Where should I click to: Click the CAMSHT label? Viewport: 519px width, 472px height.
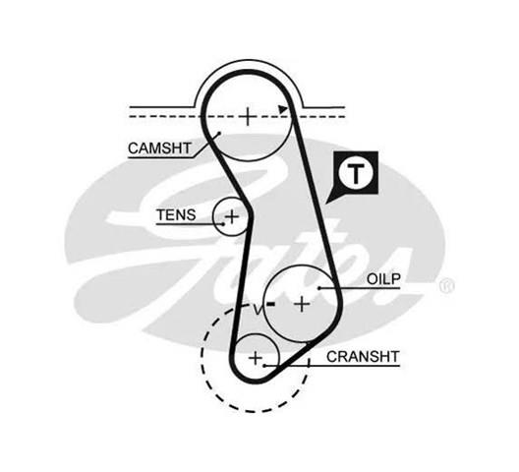tap(159, 148)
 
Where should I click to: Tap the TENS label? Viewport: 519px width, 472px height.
tap(176, 215)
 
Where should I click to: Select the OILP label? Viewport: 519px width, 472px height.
tap(383, 279)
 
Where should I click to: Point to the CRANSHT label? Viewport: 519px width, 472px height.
tap(363, 357)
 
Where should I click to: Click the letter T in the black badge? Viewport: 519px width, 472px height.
tap(356, 174)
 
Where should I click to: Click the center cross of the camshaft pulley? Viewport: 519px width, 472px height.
tap(248, 117)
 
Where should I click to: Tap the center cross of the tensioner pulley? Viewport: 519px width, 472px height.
tap(232, 217)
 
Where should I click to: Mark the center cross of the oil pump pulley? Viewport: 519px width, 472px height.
tap(302, 304)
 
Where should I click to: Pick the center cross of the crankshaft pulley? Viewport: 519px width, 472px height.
tap(256, 358)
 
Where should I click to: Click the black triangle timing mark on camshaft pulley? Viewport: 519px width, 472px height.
tap(282, 109)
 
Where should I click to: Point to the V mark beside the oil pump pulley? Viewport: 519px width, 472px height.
tap(258, 311)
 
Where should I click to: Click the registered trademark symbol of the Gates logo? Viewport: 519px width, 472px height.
tap(447, 286)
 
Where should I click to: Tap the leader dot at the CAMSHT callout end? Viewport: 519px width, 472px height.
tap(219, 134)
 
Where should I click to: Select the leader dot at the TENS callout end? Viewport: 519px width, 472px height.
tap(223, 224)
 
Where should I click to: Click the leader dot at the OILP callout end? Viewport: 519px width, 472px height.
tap(319, 288)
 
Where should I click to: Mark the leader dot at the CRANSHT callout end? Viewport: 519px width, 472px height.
tap(264, 366)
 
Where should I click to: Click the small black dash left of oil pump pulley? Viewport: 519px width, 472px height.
tap(271, 304)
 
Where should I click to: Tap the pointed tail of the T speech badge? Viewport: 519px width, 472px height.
tap(326, 203)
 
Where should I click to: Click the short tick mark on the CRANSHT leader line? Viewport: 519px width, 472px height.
tap(309, 363)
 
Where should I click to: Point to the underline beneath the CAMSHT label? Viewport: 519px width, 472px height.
tap(160, 157)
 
